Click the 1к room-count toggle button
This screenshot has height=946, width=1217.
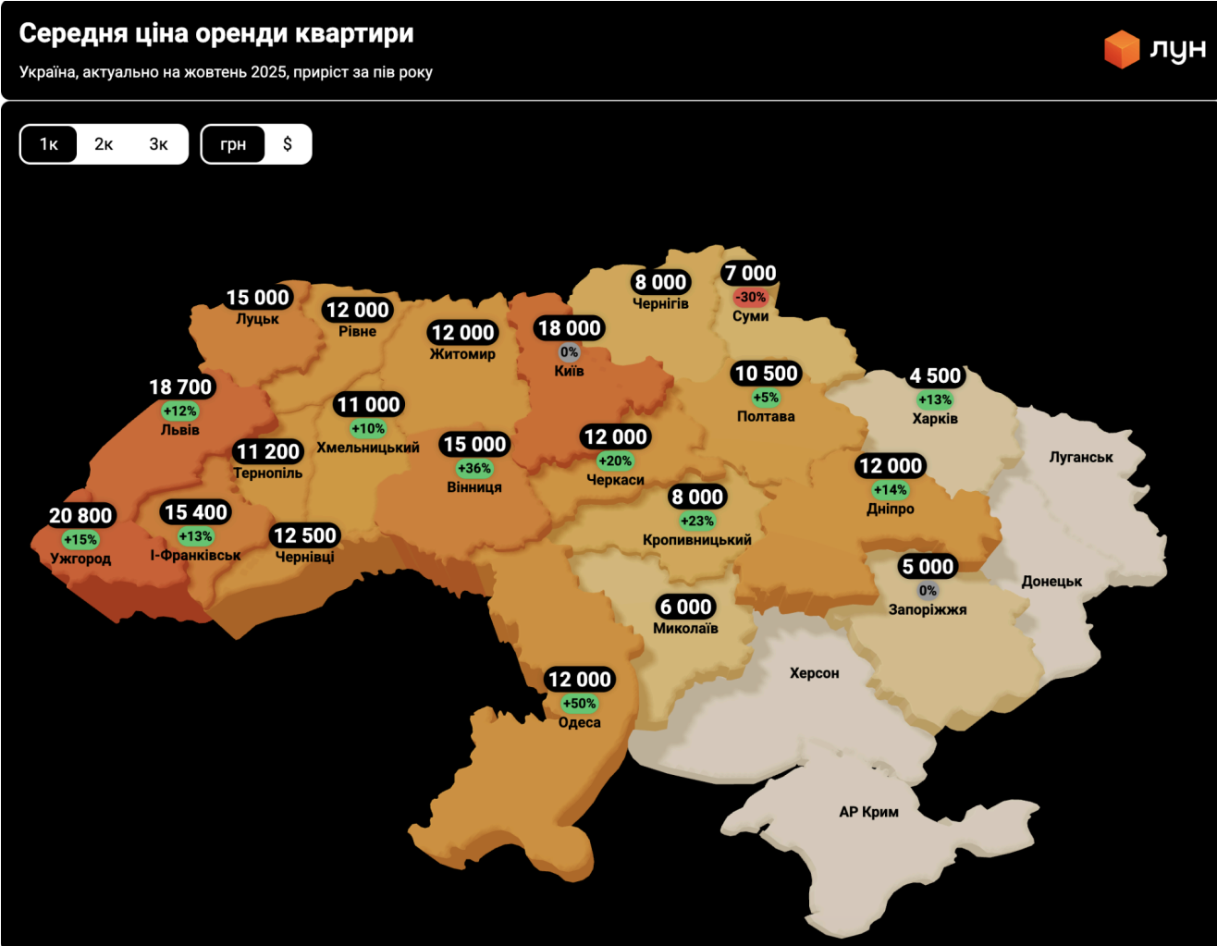pyautogui.click(x=49, y=144)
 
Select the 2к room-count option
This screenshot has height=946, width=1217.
pyautogui.click(x=104, y=144)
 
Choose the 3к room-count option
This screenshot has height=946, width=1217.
pyautogui.click(x=158, y=144)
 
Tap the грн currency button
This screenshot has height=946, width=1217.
pyautogui.click(x=233, y=144)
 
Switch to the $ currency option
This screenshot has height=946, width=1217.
pyautogui.click(x=288, y=144)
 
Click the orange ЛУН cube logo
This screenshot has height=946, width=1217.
pyautogui.click(x=1121, y=49)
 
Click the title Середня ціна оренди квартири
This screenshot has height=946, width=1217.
pyautogui.click(x=216, y=33)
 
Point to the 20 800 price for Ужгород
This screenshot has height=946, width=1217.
pyautogui.click(x=80, y=515)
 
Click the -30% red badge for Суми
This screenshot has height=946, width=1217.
pyautogui.click(x=750, y=297)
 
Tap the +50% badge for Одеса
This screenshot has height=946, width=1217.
pyautogui.click(x=579, y=704)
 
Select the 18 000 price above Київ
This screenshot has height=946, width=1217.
pyautogui.click(x=569, y=328)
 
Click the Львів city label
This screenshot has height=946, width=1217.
pyautogui.click(x=179, y=430)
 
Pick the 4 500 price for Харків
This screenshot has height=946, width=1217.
pyautogui.click(x=935, y=375)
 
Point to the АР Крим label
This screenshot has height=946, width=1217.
pyautogui.click(x=868, y=812)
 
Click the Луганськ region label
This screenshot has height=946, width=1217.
pyautogui.click(x=1080, y=457)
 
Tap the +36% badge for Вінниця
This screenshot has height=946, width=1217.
pyautogui.click(x=474, y=468)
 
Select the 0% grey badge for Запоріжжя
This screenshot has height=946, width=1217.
pyautogui.click(x=928, y=591)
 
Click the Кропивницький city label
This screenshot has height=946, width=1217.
pyautogui.click(x=696, y=540)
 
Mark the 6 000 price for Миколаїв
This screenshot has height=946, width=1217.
pyautogui.click(x=685, y=607)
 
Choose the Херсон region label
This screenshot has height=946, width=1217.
pyautogui.click(x=814, y=673)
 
